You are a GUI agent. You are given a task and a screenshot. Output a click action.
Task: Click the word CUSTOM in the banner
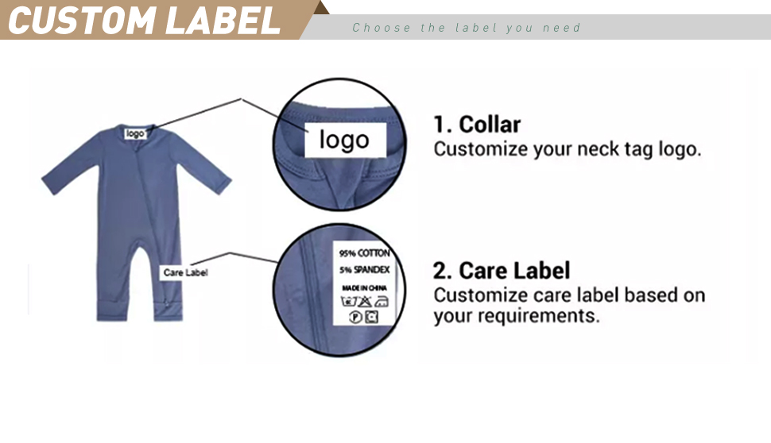82,21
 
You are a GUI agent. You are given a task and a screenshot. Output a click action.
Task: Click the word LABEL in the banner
223,21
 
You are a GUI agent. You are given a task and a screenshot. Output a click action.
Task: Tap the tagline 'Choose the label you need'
466,28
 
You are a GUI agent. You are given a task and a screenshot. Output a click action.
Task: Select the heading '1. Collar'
476,125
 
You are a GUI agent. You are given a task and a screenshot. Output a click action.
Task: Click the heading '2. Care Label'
502,271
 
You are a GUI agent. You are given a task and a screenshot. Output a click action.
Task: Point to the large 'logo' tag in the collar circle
345,140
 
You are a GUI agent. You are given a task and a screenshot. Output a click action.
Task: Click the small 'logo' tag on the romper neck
135,133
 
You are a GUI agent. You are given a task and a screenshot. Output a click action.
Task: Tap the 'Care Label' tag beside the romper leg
185,272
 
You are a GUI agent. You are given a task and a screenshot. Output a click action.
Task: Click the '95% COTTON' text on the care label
364,253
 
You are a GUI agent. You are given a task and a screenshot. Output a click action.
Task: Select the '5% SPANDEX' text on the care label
364,270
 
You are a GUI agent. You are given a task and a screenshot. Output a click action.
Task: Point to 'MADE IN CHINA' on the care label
364,288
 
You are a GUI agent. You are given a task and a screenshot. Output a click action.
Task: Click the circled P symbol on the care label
355,318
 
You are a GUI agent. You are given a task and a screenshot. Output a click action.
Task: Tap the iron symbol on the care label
382,302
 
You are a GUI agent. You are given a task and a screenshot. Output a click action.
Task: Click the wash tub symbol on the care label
348,302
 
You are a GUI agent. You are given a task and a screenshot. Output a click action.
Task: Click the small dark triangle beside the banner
321,7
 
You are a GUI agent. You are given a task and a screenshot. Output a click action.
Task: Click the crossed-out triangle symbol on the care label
365,302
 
